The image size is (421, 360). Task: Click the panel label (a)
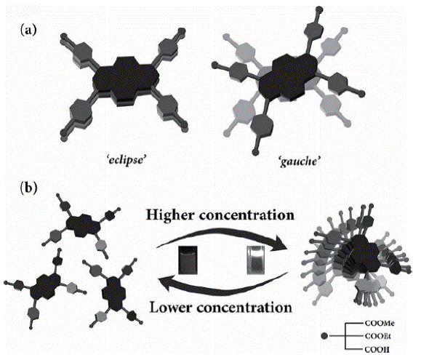(28, 30)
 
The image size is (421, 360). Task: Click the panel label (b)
(29, 188)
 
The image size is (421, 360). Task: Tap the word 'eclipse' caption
(127, 161)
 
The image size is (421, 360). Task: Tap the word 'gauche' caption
(300, 161)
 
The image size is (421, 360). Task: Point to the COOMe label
(380, 323)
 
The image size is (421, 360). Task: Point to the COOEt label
(377, 336)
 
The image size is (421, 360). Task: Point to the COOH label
(377, 349)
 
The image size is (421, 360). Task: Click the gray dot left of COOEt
(325, 336)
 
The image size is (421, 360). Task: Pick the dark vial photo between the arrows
(188, 260)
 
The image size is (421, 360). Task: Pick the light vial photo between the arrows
(256, 260)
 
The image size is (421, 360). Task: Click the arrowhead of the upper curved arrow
(278, 244)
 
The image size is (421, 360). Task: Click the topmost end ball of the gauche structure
(319, 10)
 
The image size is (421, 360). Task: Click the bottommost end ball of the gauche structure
(256, 153)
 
